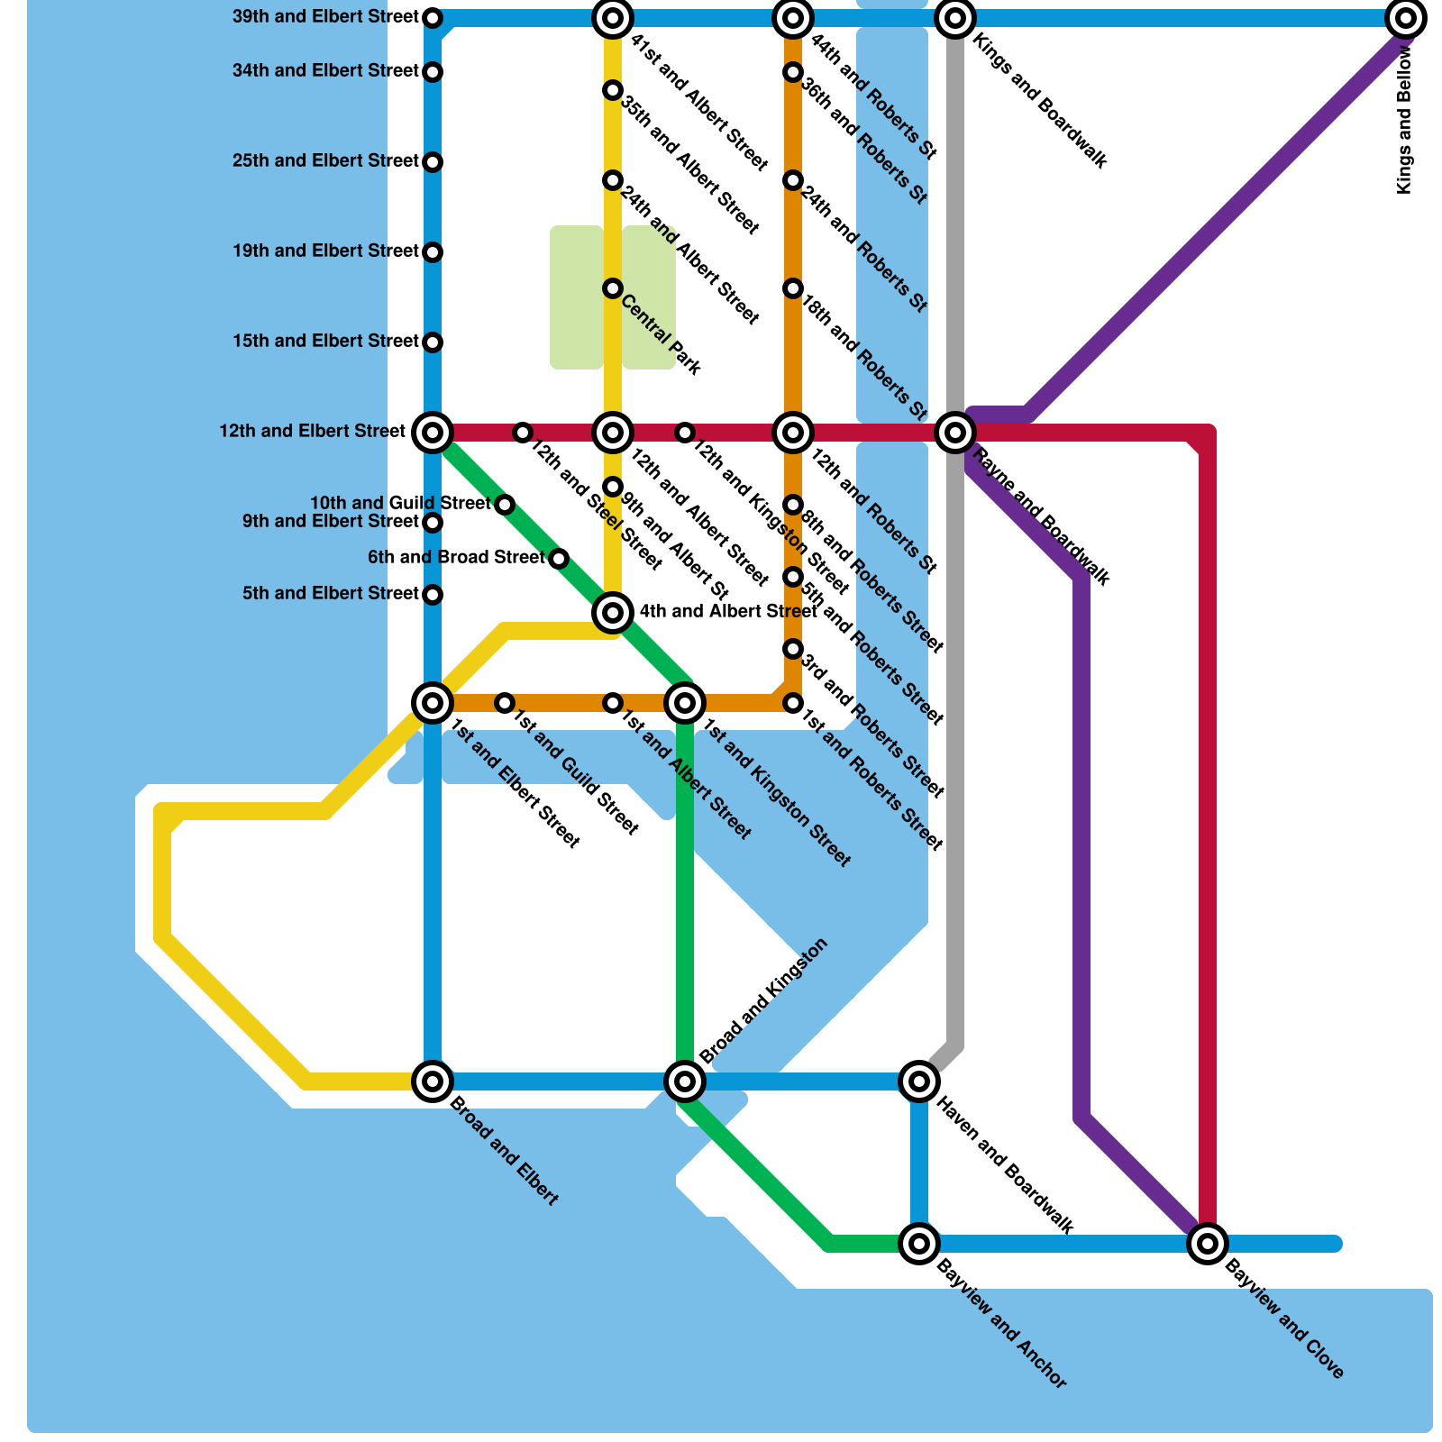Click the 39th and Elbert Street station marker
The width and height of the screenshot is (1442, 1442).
tap(433, 18)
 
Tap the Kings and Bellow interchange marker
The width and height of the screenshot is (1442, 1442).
tap(1406, 18)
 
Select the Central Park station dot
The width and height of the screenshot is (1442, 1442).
tap(613, 288)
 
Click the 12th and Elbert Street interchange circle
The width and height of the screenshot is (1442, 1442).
tap(433, 433)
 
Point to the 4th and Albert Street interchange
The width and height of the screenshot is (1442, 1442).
tap(613, 613)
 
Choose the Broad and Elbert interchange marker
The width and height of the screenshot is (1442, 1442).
tap(433, 1081)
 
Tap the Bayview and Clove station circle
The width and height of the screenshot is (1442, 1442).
tap(1208, 1244)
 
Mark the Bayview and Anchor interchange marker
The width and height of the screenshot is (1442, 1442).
tap(919, 1244)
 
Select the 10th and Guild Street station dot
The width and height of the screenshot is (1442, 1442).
tap(506, 505)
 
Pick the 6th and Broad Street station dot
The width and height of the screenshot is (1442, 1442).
tap(559, 559)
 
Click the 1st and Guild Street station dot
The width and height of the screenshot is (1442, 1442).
tap(506, 703)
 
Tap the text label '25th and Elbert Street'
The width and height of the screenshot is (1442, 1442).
tap(325, 161)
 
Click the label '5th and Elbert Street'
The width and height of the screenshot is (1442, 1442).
tap(331, 594)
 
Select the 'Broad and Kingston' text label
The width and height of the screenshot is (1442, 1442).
tap(762, 1000)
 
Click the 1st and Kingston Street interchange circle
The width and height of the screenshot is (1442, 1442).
tap(685, 702)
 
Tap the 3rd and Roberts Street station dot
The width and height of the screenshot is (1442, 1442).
tap(793, 649)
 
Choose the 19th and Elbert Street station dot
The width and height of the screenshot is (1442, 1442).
tap(433, 252)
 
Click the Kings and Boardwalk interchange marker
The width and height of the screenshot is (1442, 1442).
tap(955, 18)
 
